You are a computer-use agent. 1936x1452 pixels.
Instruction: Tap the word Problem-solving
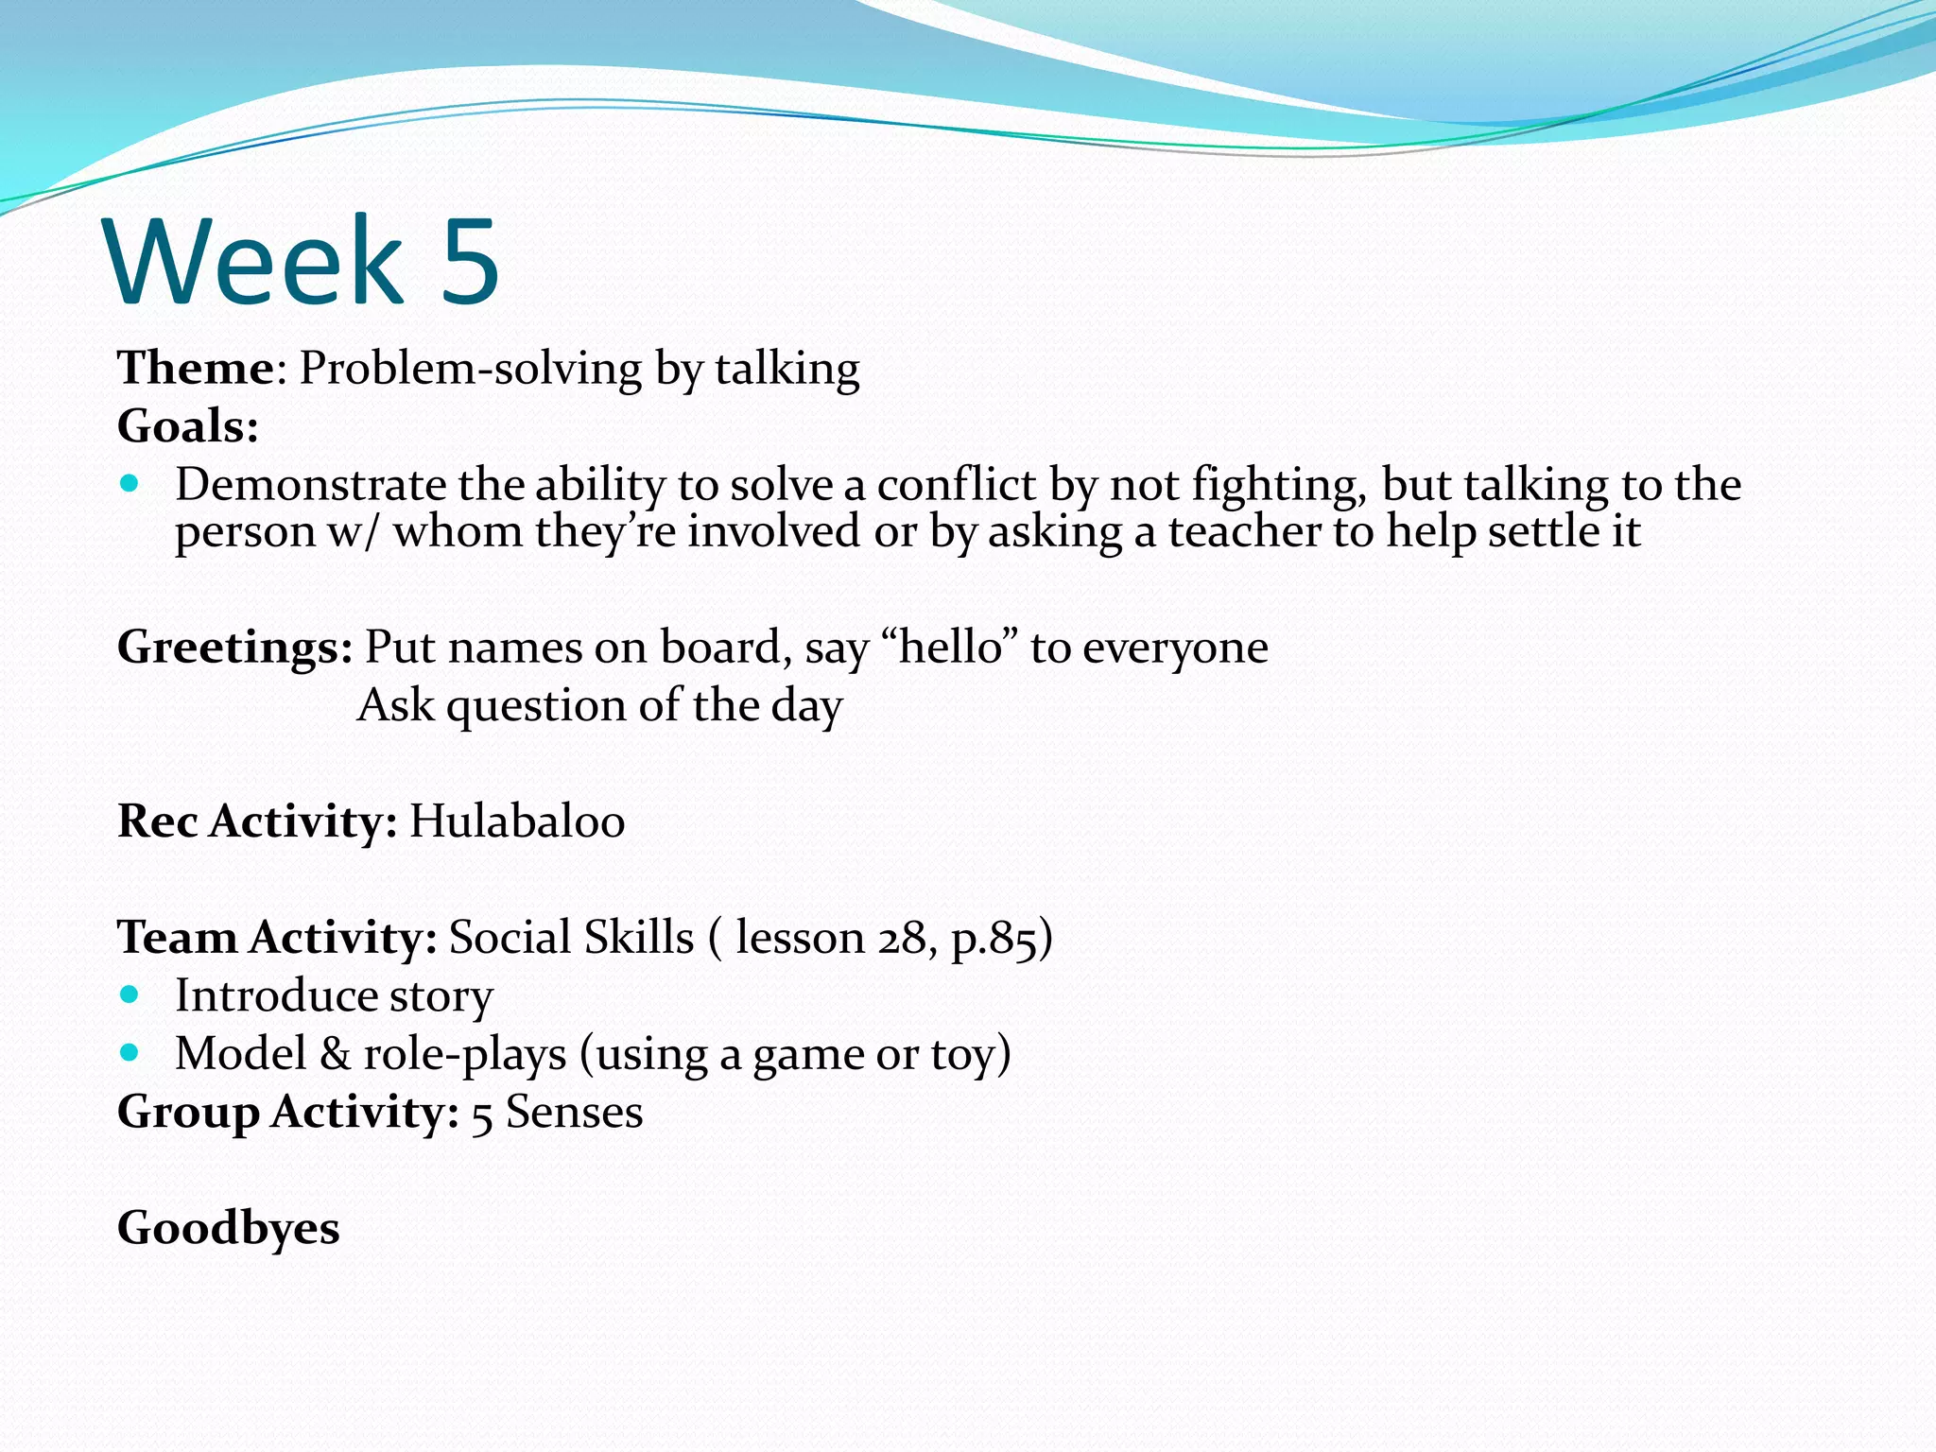[470, 369]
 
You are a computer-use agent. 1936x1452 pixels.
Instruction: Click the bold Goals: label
[187, 426]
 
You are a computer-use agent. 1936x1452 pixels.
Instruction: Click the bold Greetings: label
[234, 648]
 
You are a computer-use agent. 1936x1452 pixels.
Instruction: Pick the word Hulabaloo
[517, 821]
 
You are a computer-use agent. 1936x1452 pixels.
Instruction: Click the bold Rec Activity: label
[256, 821]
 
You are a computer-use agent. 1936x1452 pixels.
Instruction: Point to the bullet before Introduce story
[130, 994]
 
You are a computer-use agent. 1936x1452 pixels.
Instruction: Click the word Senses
[574, 1112]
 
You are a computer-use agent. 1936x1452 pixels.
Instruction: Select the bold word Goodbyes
[228, 1228]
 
